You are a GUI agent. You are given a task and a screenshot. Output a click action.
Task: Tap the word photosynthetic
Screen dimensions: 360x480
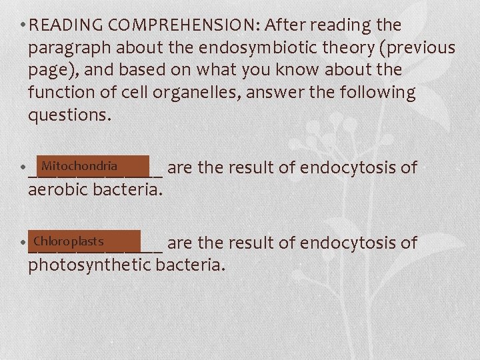(x=90, y=265)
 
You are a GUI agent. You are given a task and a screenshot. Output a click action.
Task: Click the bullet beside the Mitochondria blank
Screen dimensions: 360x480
(x=23, y=168)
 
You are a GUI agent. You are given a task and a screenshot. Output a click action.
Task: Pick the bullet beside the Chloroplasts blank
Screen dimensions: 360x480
(x=23, y=243)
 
